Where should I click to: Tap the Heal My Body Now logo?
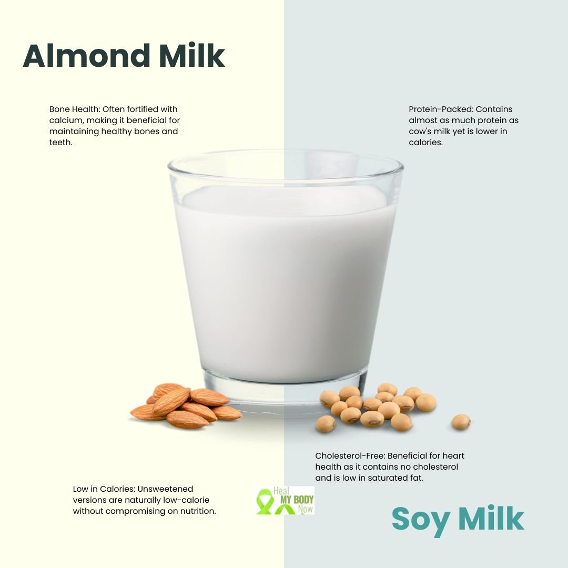(x=285, y=500)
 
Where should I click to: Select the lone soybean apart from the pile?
(x=461, y=422)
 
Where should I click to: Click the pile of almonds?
(x=186, y=405)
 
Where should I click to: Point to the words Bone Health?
(x=74, y=109)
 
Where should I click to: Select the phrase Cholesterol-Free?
(x=349, y=455)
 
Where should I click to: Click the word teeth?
(x=60, y=143)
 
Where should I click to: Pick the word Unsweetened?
(x=165, y=489)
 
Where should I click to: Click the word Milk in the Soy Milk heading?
(x=491, y=519)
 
